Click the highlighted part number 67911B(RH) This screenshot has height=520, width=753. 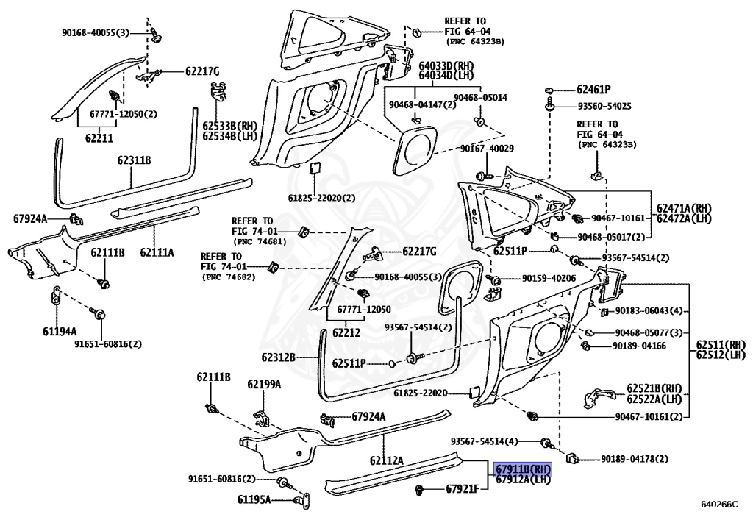coord(522,469)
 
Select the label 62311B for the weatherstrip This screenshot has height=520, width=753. coord(134,160)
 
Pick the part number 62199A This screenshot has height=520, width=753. coord(263,384)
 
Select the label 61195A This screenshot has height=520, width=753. coord(254,499)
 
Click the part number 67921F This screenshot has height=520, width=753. coord(460,489)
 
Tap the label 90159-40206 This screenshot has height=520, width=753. coord(549,279)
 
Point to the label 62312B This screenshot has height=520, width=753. coord(278,358)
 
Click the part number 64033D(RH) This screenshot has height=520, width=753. coord(446,65)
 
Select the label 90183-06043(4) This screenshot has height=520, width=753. coord(649,310)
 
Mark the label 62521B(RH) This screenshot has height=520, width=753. coord(654,388)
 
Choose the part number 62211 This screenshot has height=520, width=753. coord(99,138)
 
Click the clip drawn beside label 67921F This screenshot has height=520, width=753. coord(421,488)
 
